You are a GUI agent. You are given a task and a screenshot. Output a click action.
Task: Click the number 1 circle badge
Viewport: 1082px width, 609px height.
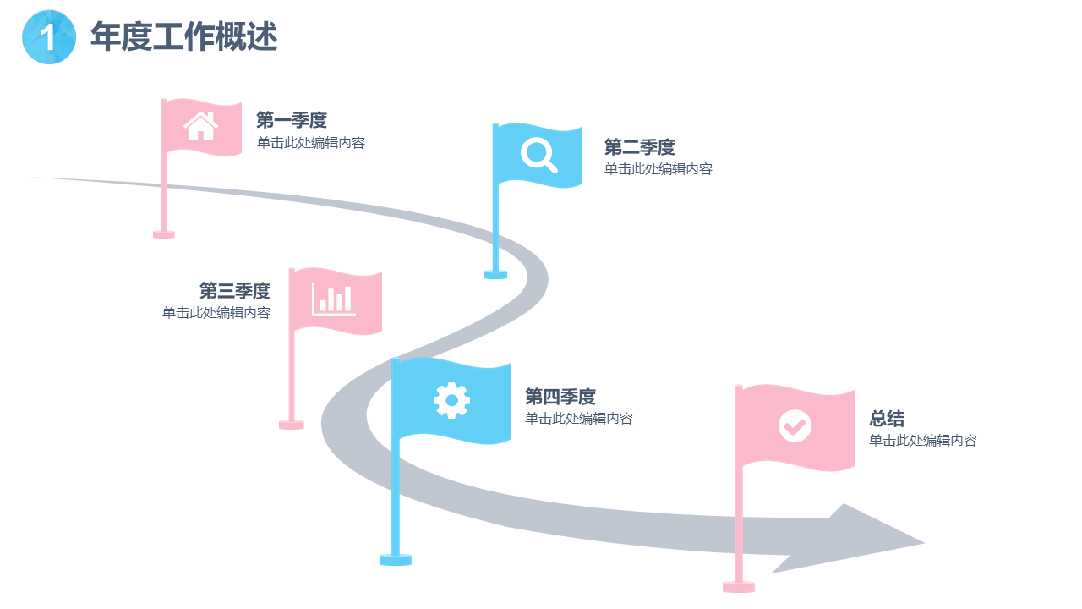(x=49, y=37)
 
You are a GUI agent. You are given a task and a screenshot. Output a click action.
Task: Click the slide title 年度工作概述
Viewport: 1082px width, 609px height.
(x=183, y=37)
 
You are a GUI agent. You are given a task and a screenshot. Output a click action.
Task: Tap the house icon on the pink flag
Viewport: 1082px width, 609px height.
(x=201, y=126)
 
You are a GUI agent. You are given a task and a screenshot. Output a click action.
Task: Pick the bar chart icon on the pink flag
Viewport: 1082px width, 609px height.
(x=334, y=300)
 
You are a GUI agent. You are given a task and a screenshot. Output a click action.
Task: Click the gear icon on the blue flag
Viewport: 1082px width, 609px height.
(x=451, y=400)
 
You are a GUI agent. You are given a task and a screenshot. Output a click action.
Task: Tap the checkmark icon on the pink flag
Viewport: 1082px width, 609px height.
(x=795, y=425)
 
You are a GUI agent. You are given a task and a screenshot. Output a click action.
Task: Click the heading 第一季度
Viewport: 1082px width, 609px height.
(x=292, y=120)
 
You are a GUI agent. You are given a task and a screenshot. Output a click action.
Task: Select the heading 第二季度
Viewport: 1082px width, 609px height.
(x=640, y=147)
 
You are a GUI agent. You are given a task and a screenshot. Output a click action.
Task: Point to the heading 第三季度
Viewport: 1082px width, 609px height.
(x=235, y=291)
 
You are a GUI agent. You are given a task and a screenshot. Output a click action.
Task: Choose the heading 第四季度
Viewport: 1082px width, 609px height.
(x=560, y=396)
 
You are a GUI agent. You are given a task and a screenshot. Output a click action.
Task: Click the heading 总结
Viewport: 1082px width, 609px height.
(x=887, y=419)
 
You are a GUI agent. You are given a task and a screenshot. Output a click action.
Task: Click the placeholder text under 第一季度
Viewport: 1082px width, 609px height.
(x=311, y=143)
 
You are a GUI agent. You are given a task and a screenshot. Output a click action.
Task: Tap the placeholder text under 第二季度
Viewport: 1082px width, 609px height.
(x=658, y=169)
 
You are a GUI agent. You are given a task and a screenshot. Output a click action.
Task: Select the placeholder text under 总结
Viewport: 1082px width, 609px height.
(x=923, y=441)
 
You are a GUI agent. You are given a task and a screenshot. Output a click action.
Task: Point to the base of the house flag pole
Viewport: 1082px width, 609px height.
(x=164, y=233)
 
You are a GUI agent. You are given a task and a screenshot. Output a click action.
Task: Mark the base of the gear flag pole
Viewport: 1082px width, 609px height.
(x=396, y=559)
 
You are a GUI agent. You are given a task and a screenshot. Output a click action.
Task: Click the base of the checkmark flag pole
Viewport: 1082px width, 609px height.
(x=739, y=586)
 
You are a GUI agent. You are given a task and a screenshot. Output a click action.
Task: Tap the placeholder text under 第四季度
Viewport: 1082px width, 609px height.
(x=579, y=419)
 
